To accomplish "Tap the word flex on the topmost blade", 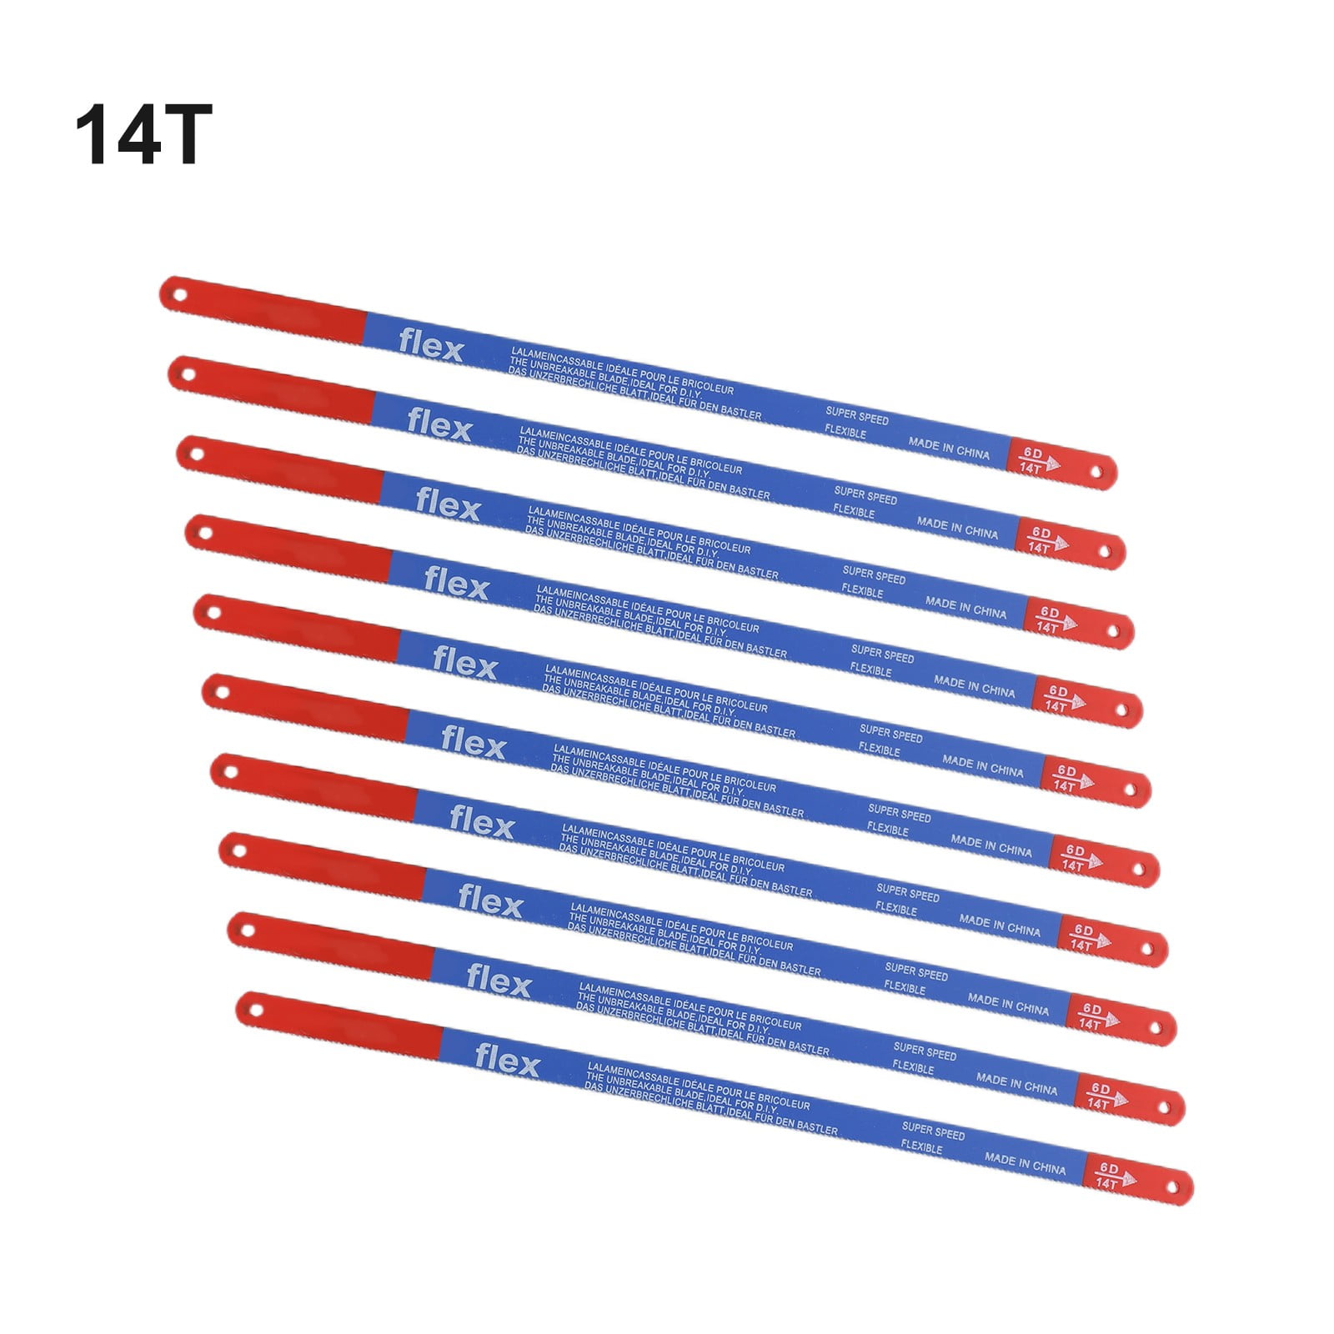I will tap(430, 346).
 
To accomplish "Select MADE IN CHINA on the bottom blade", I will tap(1026, 1165).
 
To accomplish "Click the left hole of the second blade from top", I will tap(185, 374).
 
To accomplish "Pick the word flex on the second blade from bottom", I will tap(499, 981).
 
